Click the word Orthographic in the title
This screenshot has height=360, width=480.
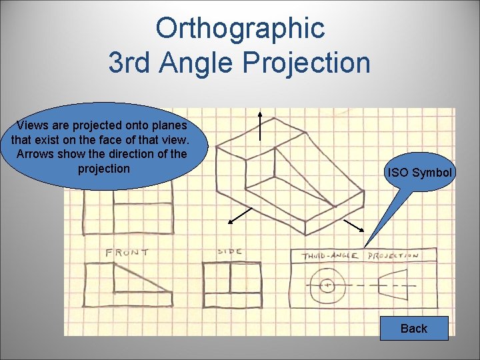pyautogui.click(x=239, y=28)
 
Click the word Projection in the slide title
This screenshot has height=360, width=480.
pyautogui.click(x=306, y=63)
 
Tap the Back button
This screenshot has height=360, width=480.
pyautogui.click(x=414, y=328)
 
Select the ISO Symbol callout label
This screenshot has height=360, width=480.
pyautogui.click(x=420, y=173)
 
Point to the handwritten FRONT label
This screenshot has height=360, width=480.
pyautogui.click(x=127, y=253)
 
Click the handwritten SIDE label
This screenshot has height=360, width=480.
pyautogui.click(x=229, y=252)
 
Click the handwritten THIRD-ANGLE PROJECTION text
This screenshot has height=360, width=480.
pyautogui.click(x=360, y=255)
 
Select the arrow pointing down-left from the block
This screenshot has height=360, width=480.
pyautogui.click(x=240, y=215)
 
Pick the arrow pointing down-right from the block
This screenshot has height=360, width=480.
pyautogui.click(x=353, y=225)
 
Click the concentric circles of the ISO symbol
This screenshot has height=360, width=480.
pyautogui.click(x=327, y=285)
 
